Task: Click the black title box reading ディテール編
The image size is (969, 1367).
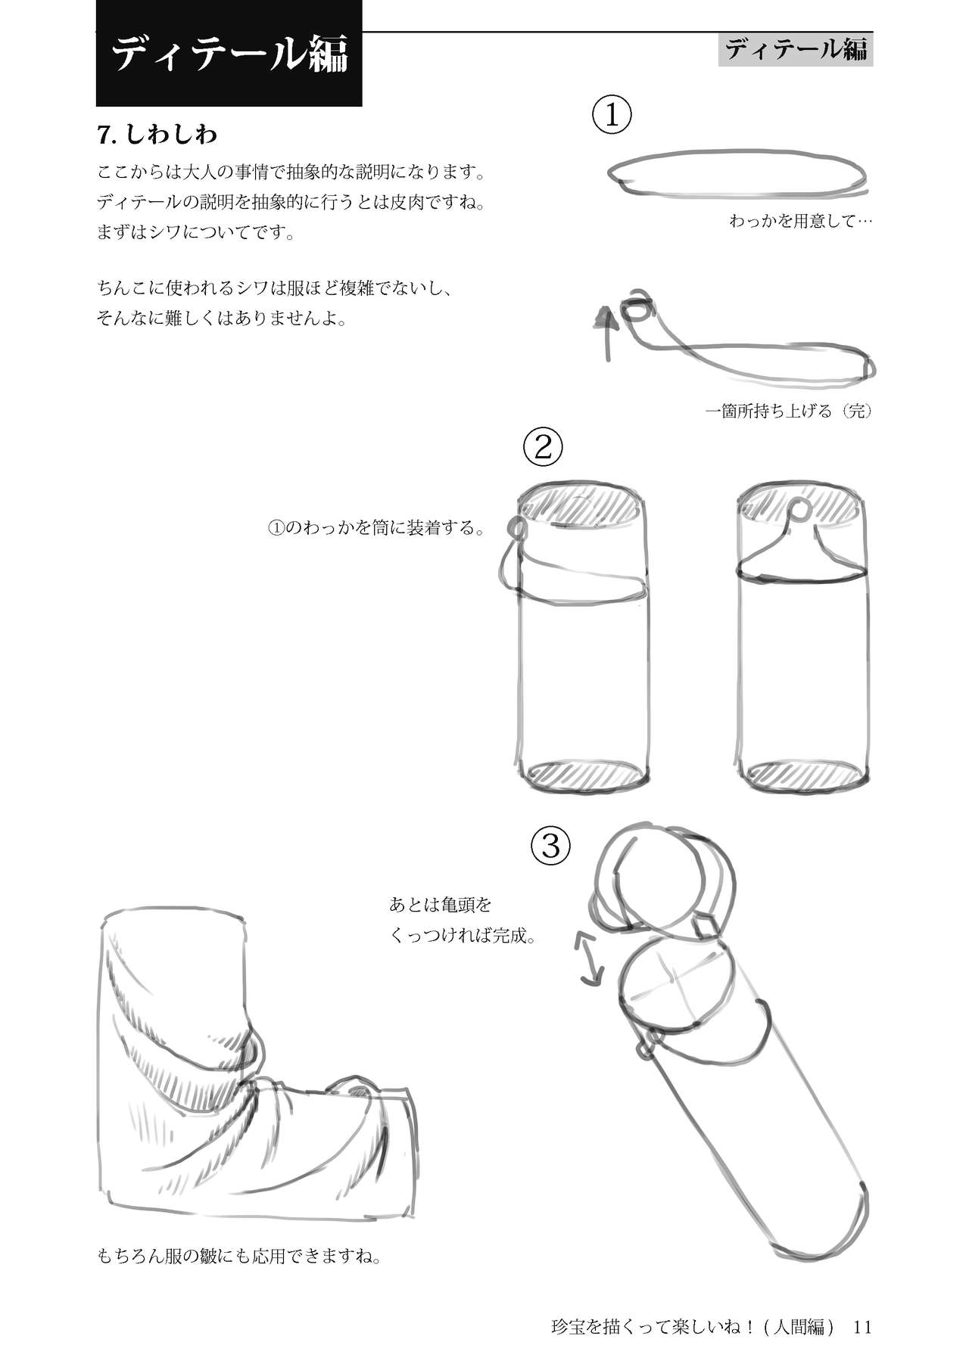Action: click(x=229, y=53)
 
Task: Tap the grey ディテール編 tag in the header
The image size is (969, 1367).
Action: click(x=796, y=50)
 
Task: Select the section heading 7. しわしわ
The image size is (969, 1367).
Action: click(x=157, y=135)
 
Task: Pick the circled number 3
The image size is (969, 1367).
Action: click(x=550, y=846)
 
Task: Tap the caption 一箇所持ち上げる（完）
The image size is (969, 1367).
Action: click(x=789, y=412)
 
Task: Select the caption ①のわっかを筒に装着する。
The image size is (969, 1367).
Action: click(x=376, y=527)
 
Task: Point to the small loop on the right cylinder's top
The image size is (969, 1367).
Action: click(x=799, y=508)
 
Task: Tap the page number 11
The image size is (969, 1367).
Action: click(x=863, y=1326)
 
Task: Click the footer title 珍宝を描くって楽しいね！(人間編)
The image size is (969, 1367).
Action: click(x=693, y=1327)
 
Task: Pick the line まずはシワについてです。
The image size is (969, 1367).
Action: click(x=196, y=232)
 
